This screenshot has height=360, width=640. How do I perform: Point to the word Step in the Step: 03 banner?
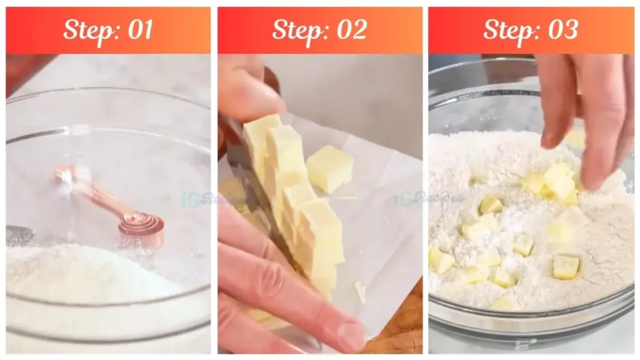[x=507, y=30]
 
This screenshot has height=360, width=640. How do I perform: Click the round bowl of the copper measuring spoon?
[x=143, y=226]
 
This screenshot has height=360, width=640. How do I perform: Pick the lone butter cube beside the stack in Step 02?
[x=329, y=168]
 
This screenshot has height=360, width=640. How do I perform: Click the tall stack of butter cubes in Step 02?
[x=294, y=200]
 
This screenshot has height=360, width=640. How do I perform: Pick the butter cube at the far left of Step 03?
[x=441, y=260]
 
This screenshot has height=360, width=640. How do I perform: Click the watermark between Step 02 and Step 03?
[x=428, y=199]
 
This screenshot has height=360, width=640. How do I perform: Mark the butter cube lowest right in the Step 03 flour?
[x=566, y=267]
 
